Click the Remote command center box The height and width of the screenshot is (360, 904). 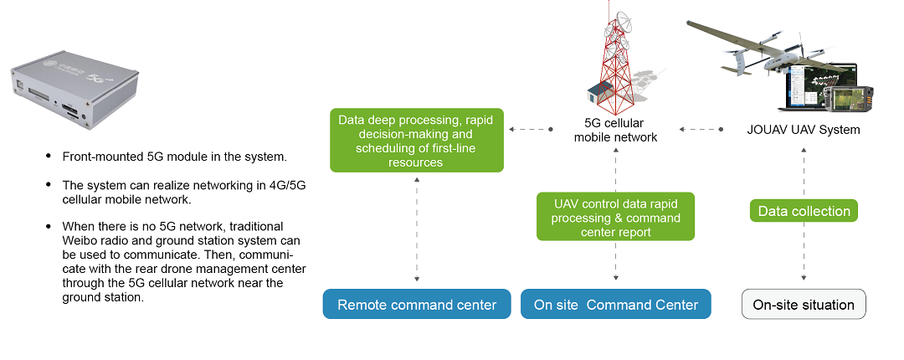[x=416, y=305]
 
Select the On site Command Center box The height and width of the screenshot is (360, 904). [x=616, y=305]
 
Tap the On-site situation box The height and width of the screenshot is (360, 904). [x=804, y=305]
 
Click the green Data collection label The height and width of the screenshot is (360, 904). [x=804, y=211]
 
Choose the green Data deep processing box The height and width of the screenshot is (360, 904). [x=417, y=141]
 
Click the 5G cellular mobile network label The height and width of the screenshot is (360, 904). [x=615, y=131]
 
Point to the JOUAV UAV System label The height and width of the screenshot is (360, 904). [x=804, y=130]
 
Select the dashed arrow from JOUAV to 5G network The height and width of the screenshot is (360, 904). [x=701, y=130]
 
